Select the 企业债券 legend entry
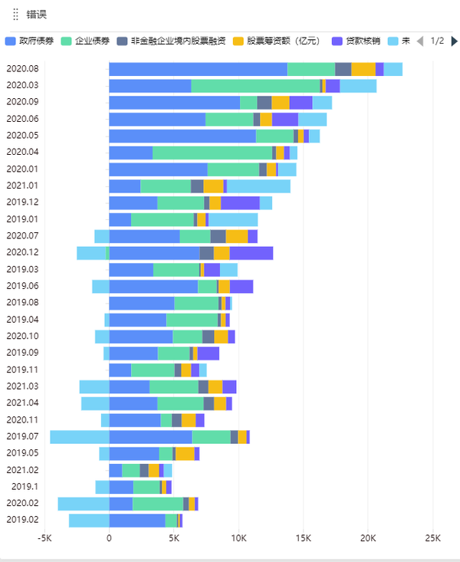click(90, 41)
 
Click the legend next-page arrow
click(454, 41)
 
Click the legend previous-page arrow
click(419, 41)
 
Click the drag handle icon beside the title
click(15, 15)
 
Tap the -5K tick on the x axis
click(44, 538)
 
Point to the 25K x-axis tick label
click(432, 538)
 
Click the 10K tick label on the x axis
click(238, 538)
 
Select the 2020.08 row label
click(22, 69)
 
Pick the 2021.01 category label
click(22, 186)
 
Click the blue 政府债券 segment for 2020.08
click(198, 69)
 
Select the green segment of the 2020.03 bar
click(255, 86)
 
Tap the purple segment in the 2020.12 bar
click(251, 253)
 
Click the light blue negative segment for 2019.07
click(80, 436)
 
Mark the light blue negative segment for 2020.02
click(83, 503)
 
